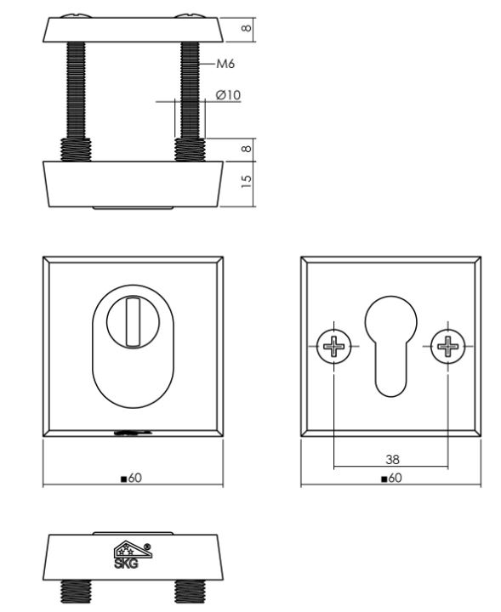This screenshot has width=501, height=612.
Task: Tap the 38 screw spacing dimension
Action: (x=392, y=459)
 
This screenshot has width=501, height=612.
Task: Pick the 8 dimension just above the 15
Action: (x=247, y=147)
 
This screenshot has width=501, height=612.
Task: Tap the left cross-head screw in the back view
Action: (x=334, y=346)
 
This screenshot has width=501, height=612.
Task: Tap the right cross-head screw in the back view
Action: (x=447, y=346)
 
